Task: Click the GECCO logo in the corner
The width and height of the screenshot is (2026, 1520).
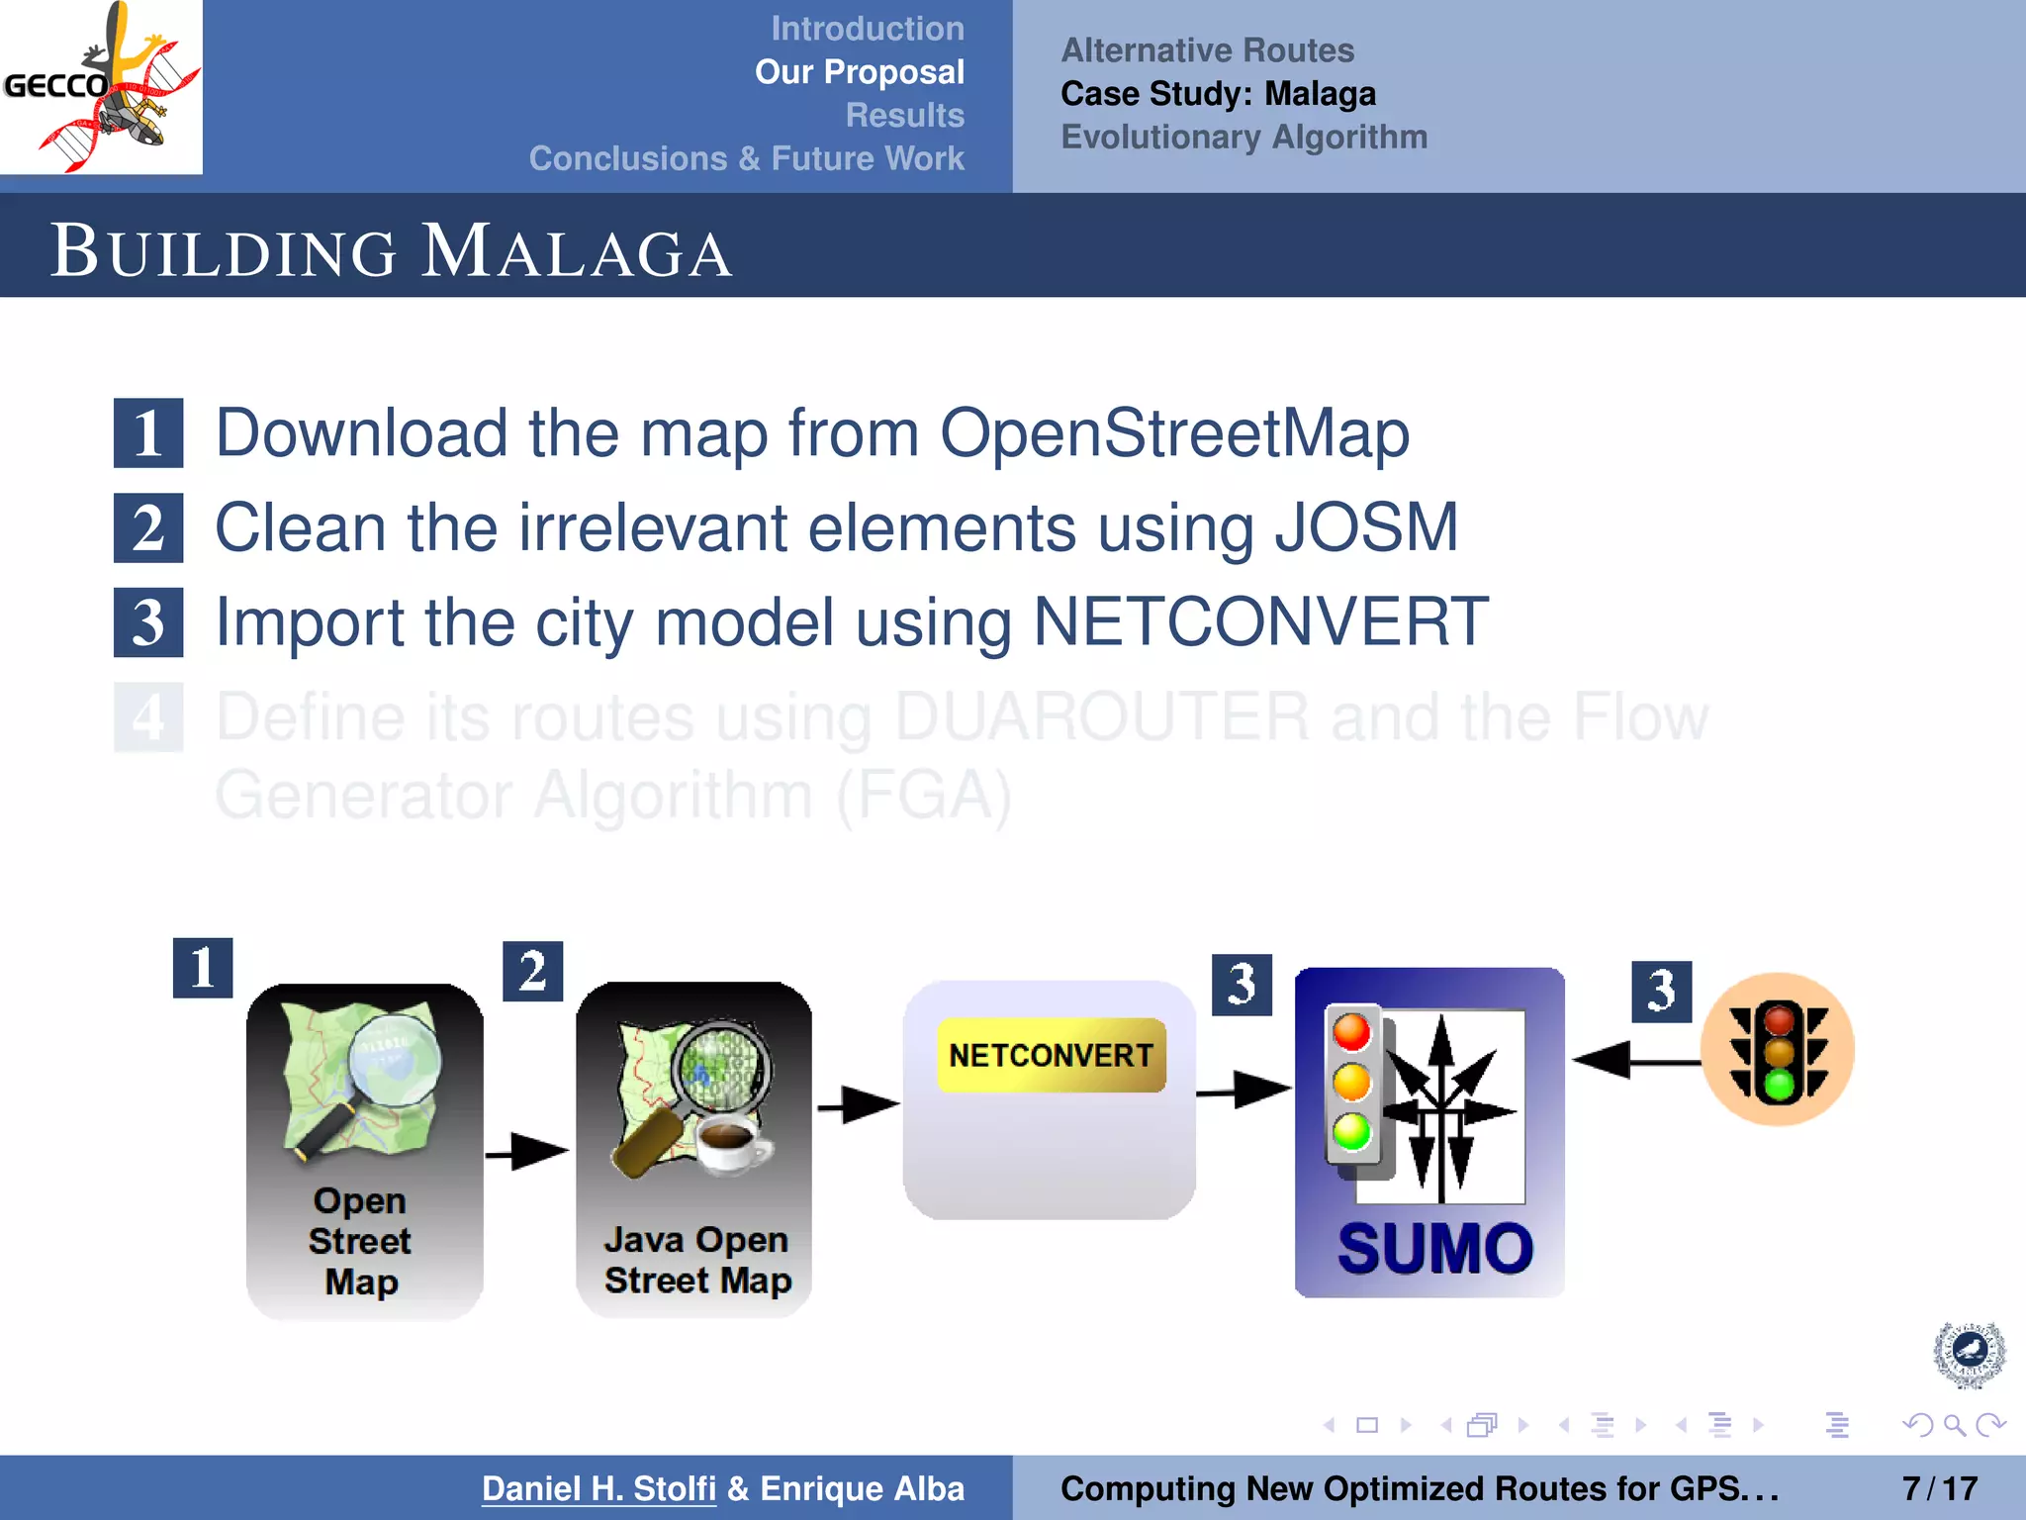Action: pyautogui.click(x=101, y=87)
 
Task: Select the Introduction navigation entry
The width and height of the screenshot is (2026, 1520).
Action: pyautogui.click(x=867, y=29)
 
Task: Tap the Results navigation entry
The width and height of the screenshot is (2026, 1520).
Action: pyautogui.click(x=904, y=115)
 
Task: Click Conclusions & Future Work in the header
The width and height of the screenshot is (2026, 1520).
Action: pyautogui.click(x=746, y=158)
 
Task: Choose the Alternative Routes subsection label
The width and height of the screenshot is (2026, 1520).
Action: pyautogui.click(x=1207, y=50)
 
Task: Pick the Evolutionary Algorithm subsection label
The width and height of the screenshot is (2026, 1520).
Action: pyautogui.click(x=1243, y=137)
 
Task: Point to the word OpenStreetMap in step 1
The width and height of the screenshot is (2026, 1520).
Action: pyautogui.click(x=1174, y=433)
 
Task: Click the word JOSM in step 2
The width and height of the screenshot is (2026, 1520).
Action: pyautogui.click(x=1366, y=527)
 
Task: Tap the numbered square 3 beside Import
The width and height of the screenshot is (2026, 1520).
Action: pyautogui.click(x=148, y=622)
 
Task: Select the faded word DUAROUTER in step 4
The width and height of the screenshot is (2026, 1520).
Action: pyautogui.click(x=1101, y=716)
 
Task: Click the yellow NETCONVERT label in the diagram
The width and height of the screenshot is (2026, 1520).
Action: pyautogui.click(x=1051, y=1055)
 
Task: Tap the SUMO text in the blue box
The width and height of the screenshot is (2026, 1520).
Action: pyautogui.click(x=1434, y=1248)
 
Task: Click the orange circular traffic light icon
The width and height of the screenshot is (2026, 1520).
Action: pyautogui.click(x=1778, y=1050)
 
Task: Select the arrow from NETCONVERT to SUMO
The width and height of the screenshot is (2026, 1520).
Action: pyautogui.click(x=1243, y=1091)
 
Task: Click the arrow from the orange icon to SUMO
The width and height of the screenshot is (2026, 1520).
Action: pyautogui.click(x=1634, y=1061)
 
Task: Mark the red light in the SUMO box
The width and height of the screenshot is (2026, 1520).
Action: pyautogui.click(x=1351, y=1032)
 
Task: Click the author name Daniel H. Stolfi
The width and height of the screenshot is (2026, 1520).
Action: pyautogui.click(x=599, y=1488)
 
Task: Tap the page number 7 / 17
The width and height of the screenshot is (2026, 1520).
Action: pyautogui.click(x=1939, y=1488)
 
